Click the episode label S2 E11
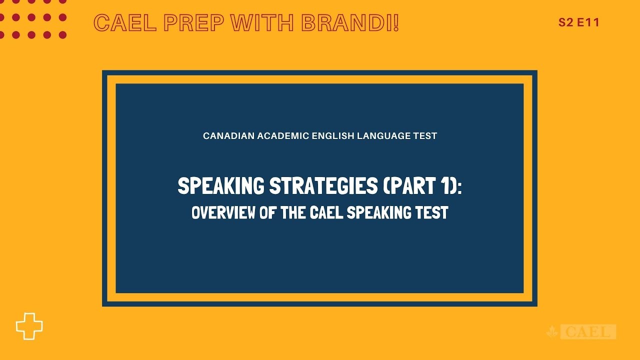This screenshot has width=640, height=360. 579,22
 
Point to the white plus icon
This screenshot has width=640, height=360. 29,326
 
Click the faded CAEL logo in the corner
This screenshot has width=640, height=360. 588,331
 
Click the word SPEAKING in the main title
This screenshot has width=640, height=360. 221,186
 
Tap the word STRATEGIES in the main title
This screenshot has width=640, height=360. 323,186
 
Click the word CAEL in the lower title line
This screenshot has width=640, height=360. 326,213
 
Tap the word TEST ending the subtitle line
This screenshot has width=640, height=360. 425,136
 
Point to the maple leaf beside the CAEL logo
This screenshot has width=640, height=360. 552,332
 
